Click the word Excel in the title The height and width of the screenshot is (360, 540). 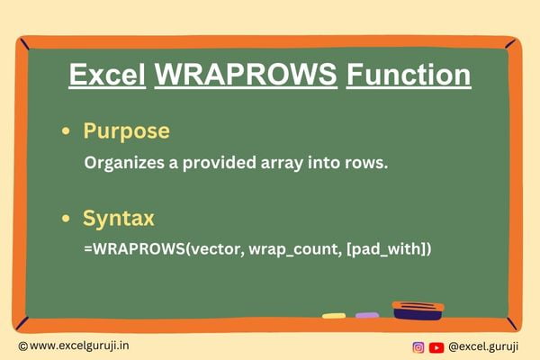pos(107,75)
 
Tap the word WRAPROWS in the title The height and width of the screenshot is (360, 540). pos(246,75)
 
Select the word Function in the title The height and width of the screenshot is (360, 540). pos(409,75)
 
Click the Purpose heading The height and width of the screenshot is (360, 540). pos(126,131)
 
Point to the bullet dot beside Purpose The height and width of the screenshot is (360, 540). pos(66,131)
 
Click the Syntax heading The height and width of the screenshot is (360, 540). pos(119,219)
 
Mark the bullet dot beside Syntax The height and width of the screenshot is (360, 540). pos(66,218)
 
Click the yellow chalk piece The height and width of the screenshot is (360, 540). pos(334,316)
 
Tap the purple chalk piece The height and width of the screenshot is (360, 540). pos(367,315)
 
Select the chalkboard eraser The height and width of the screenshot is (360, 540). pos(418,310)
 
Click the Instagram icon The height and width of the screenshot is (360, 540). pos(418,347)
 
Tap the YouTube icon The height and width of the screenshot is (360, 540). pos(436,347)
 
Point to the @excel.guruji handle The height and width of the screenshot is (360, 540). pos(483,347)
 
